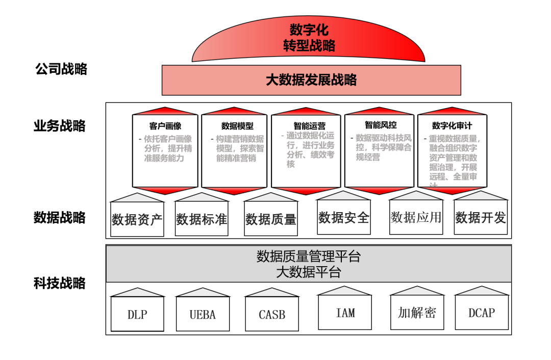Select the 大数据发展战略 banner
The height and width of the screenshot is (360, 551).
click(311, 80)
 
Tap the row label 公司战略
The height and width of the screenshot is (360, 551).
click(61, 69)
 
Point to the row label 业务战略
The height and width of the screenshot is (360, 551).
click(60, 125)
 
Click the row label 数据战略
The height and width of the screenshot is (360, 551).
click(60, 218)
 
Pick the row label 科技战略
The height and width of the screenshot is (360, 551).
click(60, 283)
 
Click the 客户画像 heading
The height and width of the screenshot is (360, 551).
click(165, 126)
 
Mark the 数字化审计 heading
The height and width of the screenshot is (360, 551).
click(452, 125)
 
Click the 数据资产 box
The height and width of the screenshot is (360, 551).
click(137, 219)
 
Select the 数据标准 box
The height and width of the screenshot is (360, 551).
click(202, 219)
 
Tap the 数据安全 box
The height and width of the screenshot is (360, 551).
click(344, 218)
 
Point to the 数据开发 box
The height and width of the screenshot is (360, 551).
click(481, 218)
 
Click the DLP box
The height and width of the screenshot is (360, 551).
click(137, 315)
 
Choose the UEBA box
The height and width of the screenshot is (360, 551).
click(203, 315)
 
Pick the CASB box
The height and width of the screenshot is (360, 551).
click(272, 315)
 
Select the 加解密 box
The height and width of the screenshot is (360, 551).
click(417, 313)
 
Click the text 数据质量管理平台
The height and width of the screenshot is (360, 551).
click(308, 256)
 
